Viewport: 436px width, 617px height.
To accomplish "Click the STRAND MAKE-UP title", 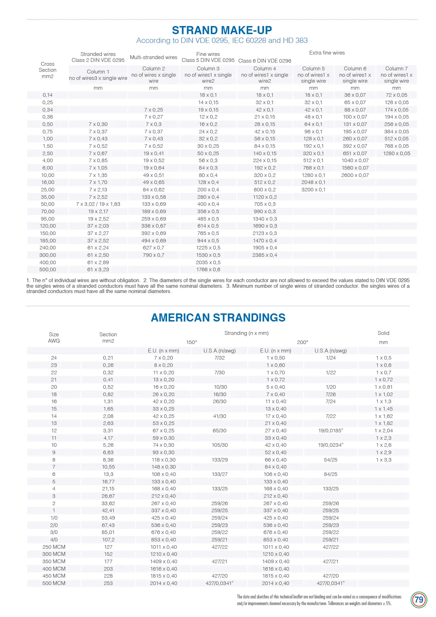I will pos(222,30).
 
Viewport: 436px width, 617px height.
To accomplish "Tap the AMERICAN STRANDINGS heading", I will pos(218,318).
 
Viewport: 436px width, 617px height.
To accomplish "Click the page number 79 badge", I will pos(419,600).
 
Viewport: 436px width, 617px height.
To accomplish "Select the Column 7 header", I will pos(396,69).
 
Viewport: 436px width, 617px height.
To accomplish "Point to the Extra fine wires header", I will pos(327,53).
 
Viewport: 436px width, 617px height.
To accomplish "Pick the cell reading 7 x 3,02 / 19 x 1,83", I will pos(98,204).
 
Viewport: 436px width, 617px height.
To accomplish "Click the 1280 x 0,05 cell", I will pos(396,153).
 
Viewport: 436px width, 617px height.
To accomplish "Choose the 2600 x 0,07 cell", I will pos(355,175).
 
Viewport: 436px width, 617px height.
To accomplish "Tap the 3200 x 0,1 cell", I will pos(313,190).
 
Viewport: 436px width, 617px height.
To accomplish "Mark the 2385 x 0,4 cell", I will pos(265,255).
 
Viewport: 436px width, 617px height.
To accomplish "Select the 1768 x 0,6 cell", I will pos(208,269).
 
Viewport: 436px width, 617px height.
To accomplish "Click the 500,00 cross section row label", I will pos(48,269).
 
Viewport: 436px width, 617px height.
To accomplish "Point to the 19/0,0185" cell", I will pos(331,431).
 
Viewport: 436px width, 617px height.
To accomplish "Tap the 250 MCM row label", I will pos(54,547).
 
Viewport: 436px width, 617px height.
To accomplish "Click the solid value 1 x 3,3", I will pos(383,460).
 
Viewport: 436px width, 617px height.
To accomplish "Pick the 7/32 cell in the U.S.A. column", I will pos(219,358).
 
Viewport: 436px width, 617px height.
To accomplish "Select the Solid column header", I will pos(383,333).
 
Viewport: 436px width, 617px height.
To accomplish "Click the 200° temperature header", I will pos(302,342).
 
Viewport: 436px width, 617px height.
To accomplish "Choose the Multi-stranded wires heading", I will pos(154,57).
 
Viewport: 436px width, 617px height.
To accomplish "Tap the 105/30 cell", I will pos(219,445).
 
